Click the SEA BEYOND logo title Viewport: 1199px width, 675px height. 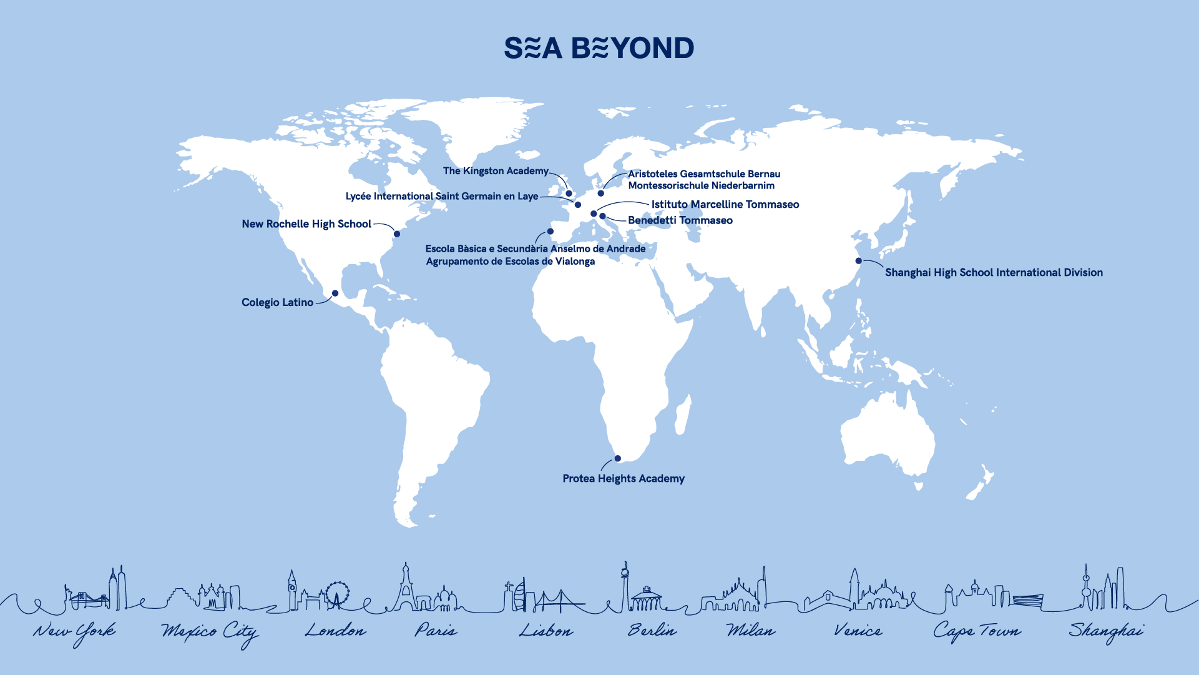(x=599, y=48)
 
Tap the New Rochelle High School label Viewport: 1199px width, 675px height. (x=306, y=224)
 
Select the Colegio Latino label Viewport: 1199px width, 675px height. (x=277, y=303)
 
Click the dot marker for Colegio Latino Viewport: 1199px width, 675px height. (x=335, y=293)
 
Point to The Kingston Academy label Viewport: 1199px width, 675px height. (x=496, y=171)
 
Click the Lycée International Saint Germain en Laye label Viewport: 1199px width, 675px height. (x=442, y=197)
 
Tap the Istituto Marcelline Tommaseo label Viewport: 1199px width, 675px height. (x=725, y=205)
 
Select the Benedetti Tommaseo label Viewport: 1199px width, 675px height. (x=680, y=220)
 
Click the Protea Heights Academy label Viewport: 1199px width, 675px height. (x=623, y=479)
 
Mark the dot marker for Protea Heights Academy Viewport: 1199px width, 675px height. (x=617, y=458)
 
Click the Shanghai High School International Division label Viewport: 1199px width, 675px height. (x=994, y=273)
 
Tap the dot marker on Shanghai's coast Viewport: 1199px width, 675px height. (x=858, y=261)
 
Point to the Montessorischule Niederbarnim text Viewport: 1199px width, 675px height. (x=701, y=185)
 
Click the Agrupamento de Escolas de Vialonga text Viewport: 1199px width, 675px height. (x=510, y=262)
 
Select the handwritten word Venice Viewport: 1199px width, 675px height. (x=858, y=631)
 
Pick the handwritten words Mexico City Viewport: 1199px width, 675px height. (x=210, y=633)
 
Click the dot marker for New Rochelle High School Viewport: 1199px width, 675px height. (x=396, y=234)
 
